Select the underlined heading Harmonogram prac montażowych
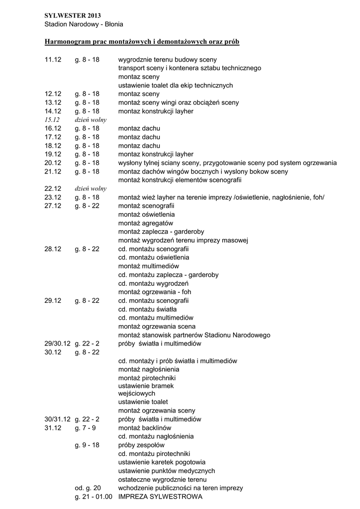pyautogui.click(x=142, y=42)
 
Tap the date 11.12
pyautogui.click(x=53, y=60)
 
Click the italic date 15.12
pyautogui.click(x=52, y=120)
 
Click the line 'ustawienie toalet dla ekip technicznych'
pyautogui.click(x=176, y=85)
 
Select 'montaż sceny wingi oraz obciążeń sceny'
pyautogui.click(x=179, y=102)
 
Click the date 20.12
pyautogui.click(x=53, y=163)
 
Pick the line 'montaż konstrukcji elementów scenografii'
pyautogui.click(x=180, y=180)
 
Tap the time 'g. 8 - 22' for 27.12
pyautogui.click(x=87, y=206)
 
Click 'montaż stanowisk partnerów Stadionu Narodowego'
pyautogui.click(x=194, y=335)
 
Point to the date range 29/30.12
pyautogui.click(x=58, y=343)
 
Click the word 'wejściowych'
pyautogui.click(x=137, y=393)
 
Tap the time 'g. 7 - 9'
pyautogui.click(x=86, y=427)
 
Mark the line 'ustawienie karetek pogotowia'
pyautogui.click(x=162, y=462)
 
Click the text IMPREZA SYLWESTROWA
pyautogui.click(x=160, y=497)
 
